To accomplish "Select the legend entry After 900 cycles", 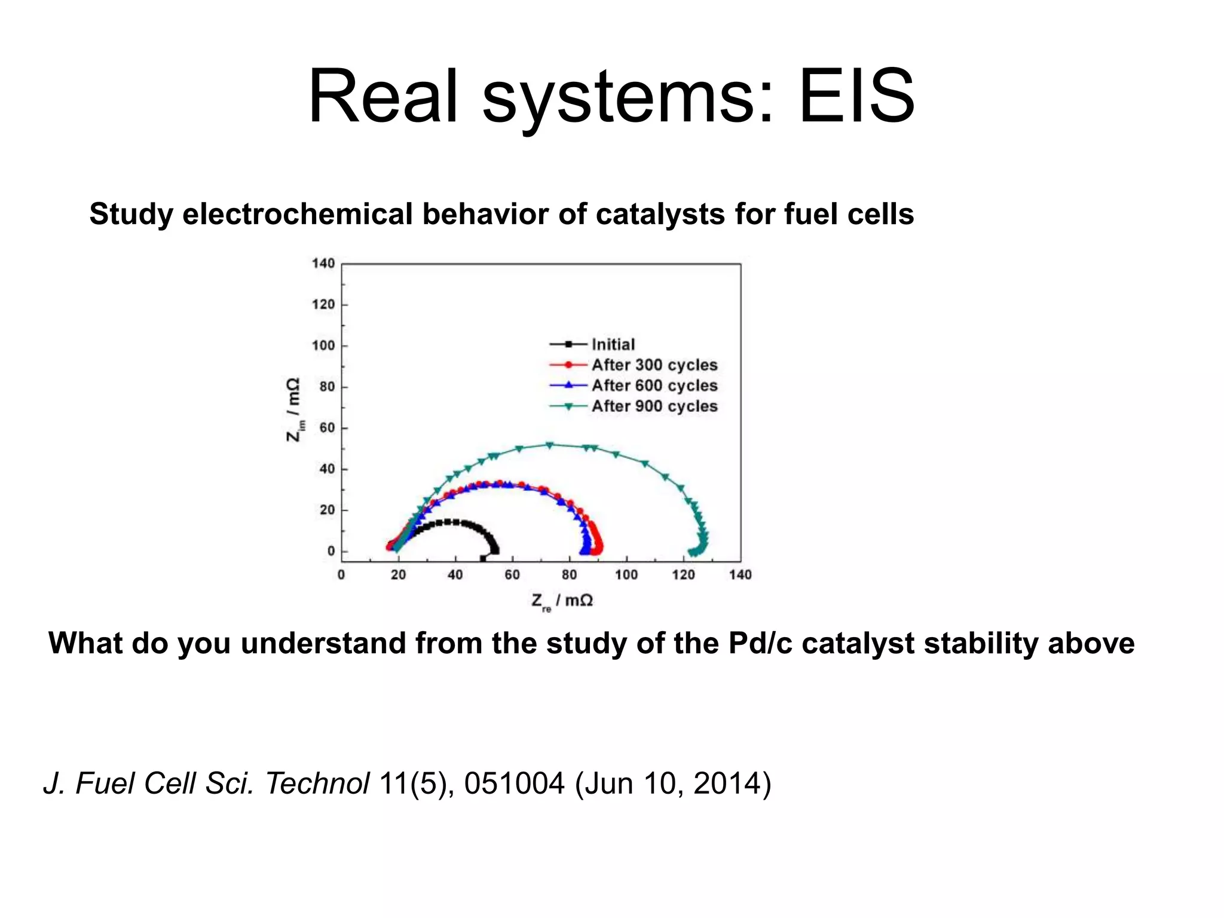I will pos(654,406).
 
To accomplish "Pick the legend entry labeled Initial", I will pos(613,344).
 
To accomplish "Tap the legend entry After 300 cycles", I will pos(654,365).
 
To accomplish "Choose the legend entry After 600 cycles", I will pos(654,385).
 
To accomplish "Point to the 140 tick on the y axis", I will pos(323,264).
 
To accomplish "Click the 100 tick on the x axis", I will pos(626,575).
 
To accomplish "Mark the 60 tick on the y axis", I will pos(327,428).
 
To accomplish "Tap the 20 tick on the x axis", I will pos(398,575).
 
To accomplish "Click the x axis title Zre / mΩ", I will pos(562,601).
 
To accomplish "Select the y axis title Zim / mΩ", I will pos(293,409).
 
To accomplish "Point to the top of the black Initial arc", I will pos(447,522).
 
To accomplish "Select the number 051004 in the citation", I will pos(514,783).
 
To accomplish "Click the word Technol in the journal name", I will pos(317,783).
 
